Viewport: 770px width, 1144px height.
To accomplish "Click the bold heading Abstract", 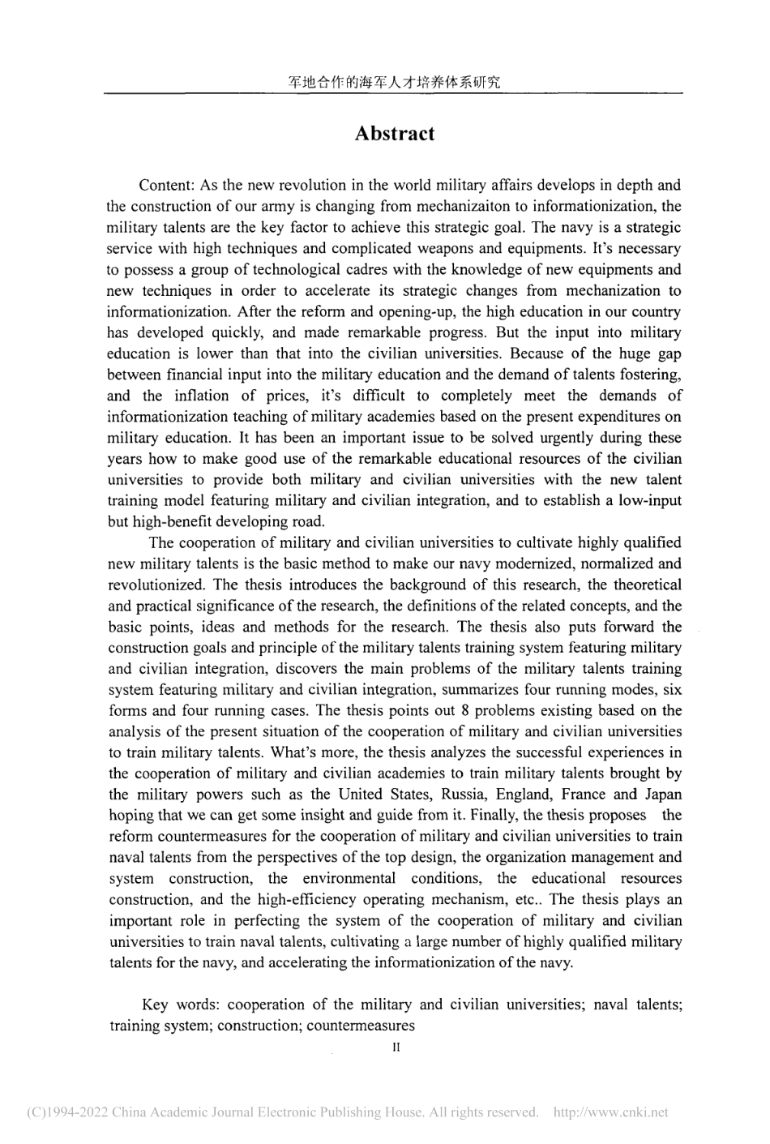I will point(394,134).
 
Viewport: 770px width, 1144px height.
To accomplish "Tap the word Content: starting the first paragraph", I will point(165,185).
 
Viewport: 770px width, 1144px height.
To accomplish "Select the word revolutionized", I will point(154,585).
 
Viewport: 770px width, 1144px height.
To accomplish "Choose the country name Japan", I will point(663,795).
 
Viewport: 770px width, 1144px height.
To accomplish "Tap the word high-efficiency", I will point(309,900).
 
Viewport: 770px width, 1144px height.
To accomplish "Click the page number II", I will point(396,1048).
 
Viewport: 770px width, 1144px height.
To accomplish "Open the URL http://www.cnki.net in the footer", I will point(610,1113).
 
